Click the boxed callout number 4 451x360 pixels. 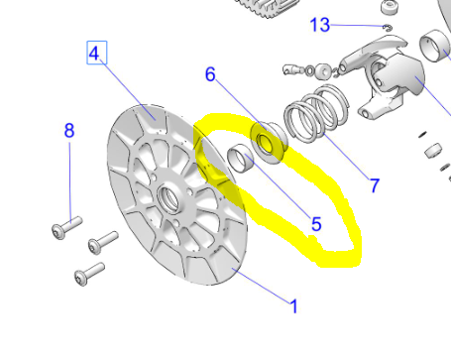pyautogui.click(x=95, y=54)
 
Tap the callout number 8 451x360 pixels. pyautogui.click(x=69, y=130)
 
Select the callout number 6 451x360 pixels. pyautogui.click(x=210, y=74)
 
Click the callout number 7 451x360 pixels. pyautogui.click(x=374, y=184)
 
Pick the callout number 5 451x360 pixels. pyautogui.click(x=316, y=224)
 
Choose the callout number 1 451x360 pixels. pyautogui.click(x=293, y=306)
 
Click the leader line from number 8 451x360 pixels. pyautogui.click(x=69, y=179)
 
